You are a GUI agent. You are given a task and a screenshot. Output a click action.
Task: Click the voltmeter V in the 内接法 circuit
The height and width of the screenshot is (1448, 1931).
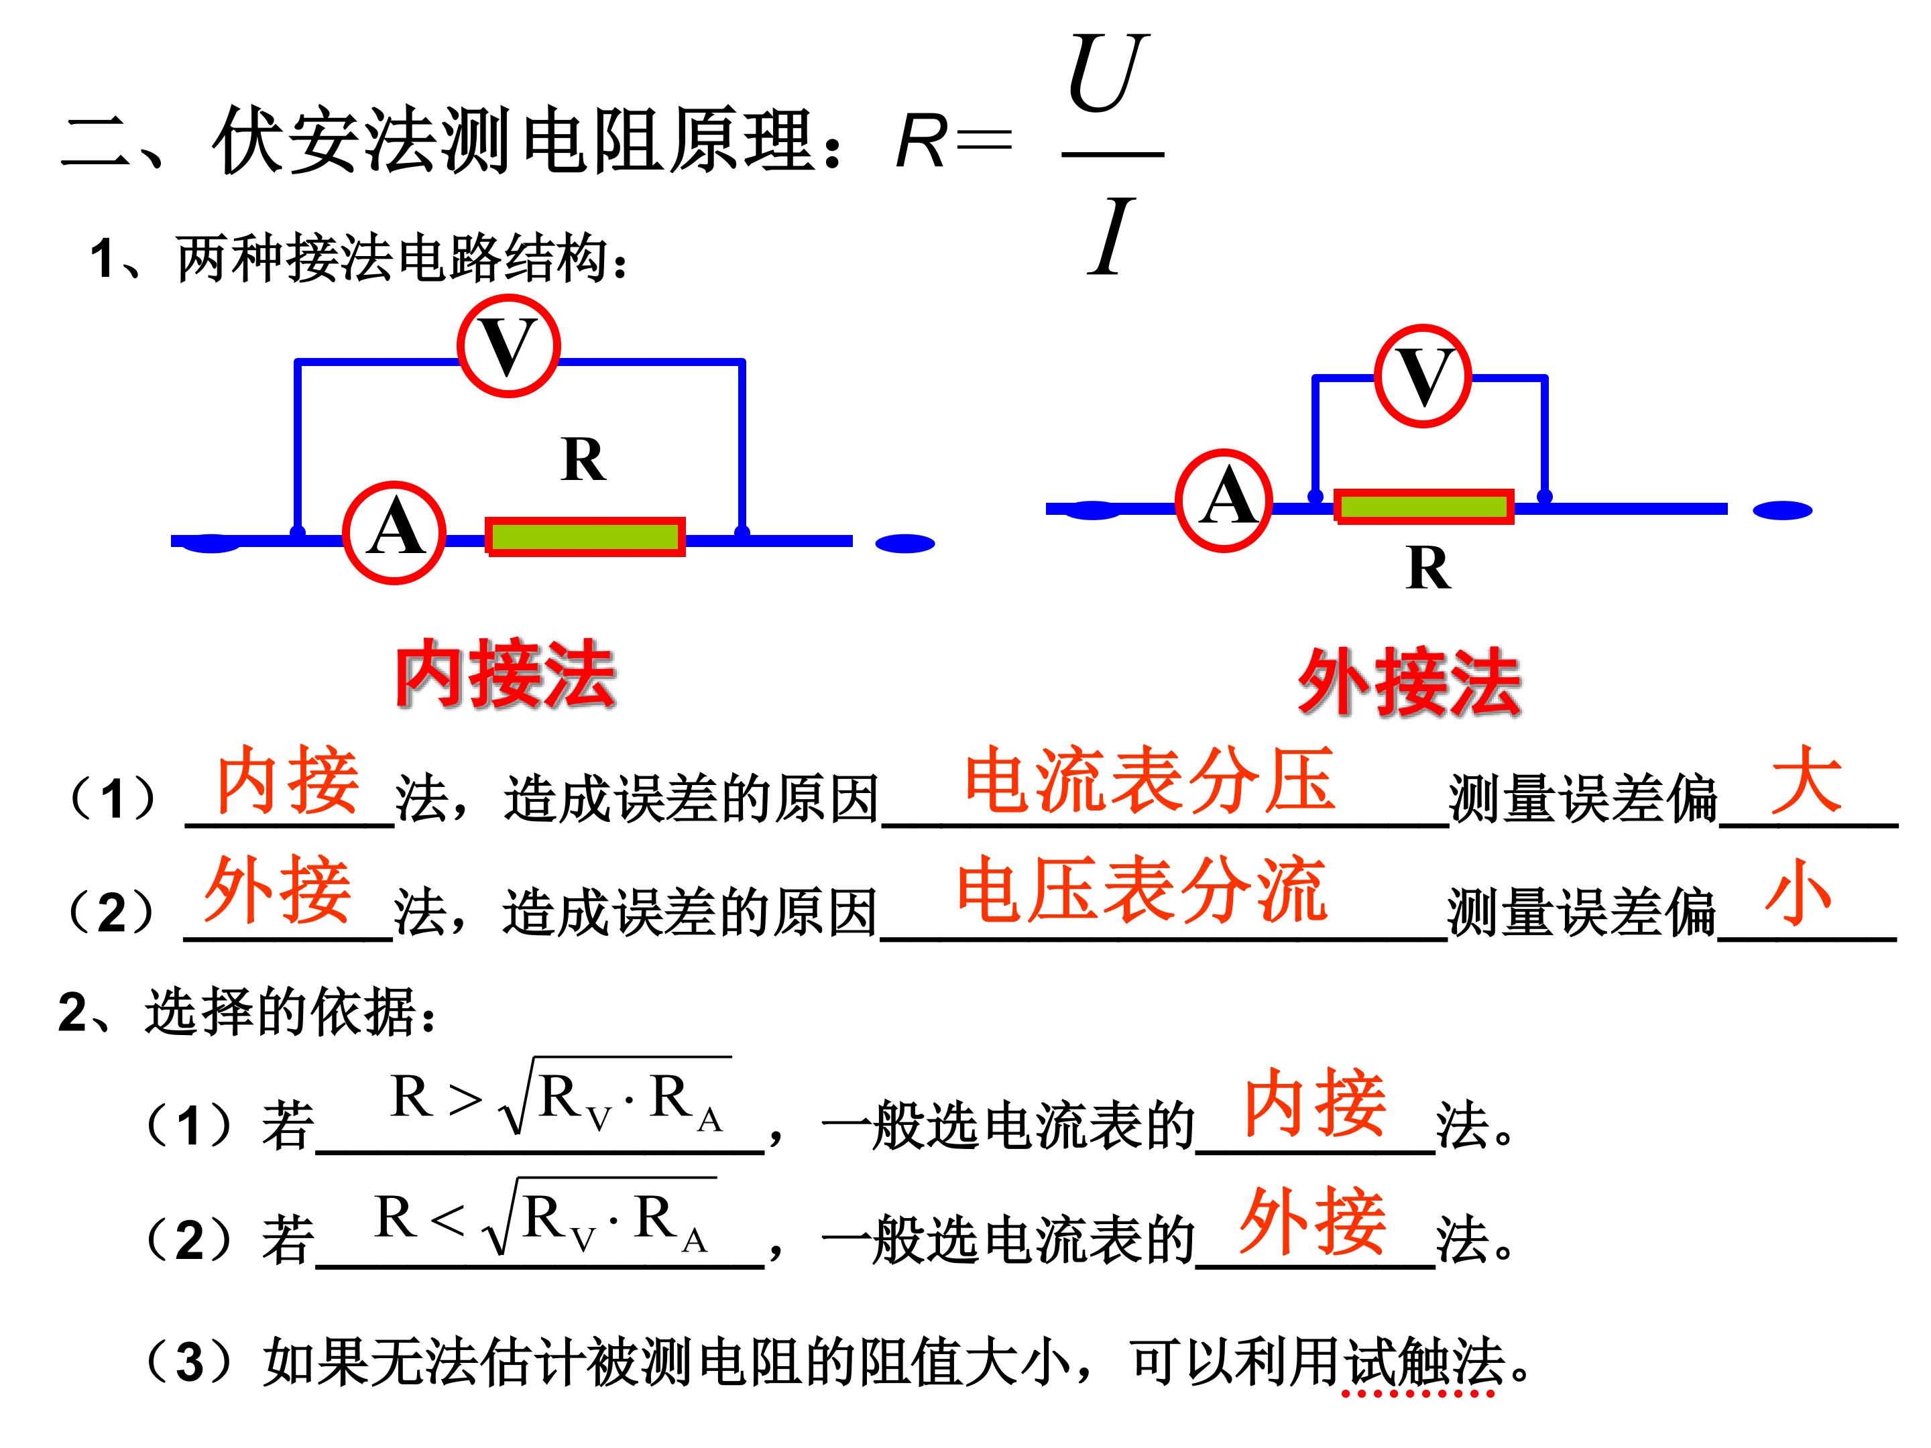[508, 346]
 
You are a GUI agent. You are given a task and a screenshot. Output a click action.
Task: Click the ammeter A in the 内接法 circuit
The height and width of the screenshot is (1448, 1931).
[394, 532]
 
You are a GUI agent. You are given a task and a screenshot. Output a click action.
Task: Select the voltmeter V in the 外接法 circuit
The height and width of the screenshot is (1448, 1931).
[1423, 375]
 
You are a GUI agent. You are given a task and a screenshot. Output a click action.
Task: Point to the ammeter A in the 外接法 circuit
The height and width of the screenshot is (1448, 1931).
[1224, 500]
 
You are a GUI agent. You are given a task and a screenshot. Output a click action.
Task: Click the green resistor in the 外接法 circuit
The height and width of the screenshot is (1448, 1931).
[1424, 506]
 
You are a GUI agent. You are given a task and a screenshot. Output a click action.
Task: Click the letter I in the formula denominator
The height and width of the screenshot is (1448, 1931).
[1110, 236]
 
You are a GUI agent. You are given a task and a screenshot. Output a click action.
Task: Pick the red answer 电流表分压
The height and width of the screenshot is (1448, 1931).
[1150, 780]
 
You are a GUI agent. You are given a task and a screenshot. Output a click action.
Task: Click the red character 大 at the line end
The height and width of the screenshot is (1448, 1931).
[1806, 780]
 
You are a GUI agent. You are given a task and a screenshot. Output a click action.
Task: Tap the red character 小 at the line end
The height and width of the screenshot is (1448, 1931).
[1798, 891]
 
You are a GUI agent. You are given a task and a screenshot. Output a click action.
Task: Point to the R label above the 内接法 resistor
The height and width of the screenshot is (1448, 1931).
[583, 459]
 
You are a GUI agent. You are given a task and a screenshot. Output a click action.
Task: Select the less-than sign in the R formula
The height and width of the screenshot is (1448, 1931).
[447, 1219]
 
